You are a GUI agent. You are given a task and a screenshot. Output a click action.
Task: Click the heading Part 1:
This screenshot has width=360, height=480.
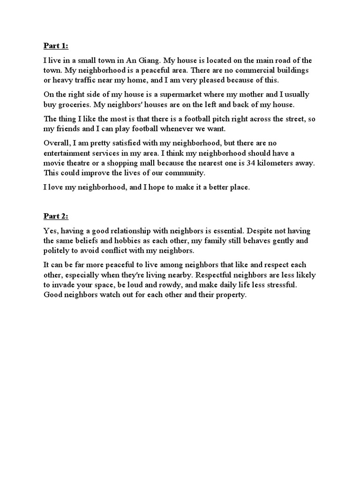(x=56, y=45)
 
